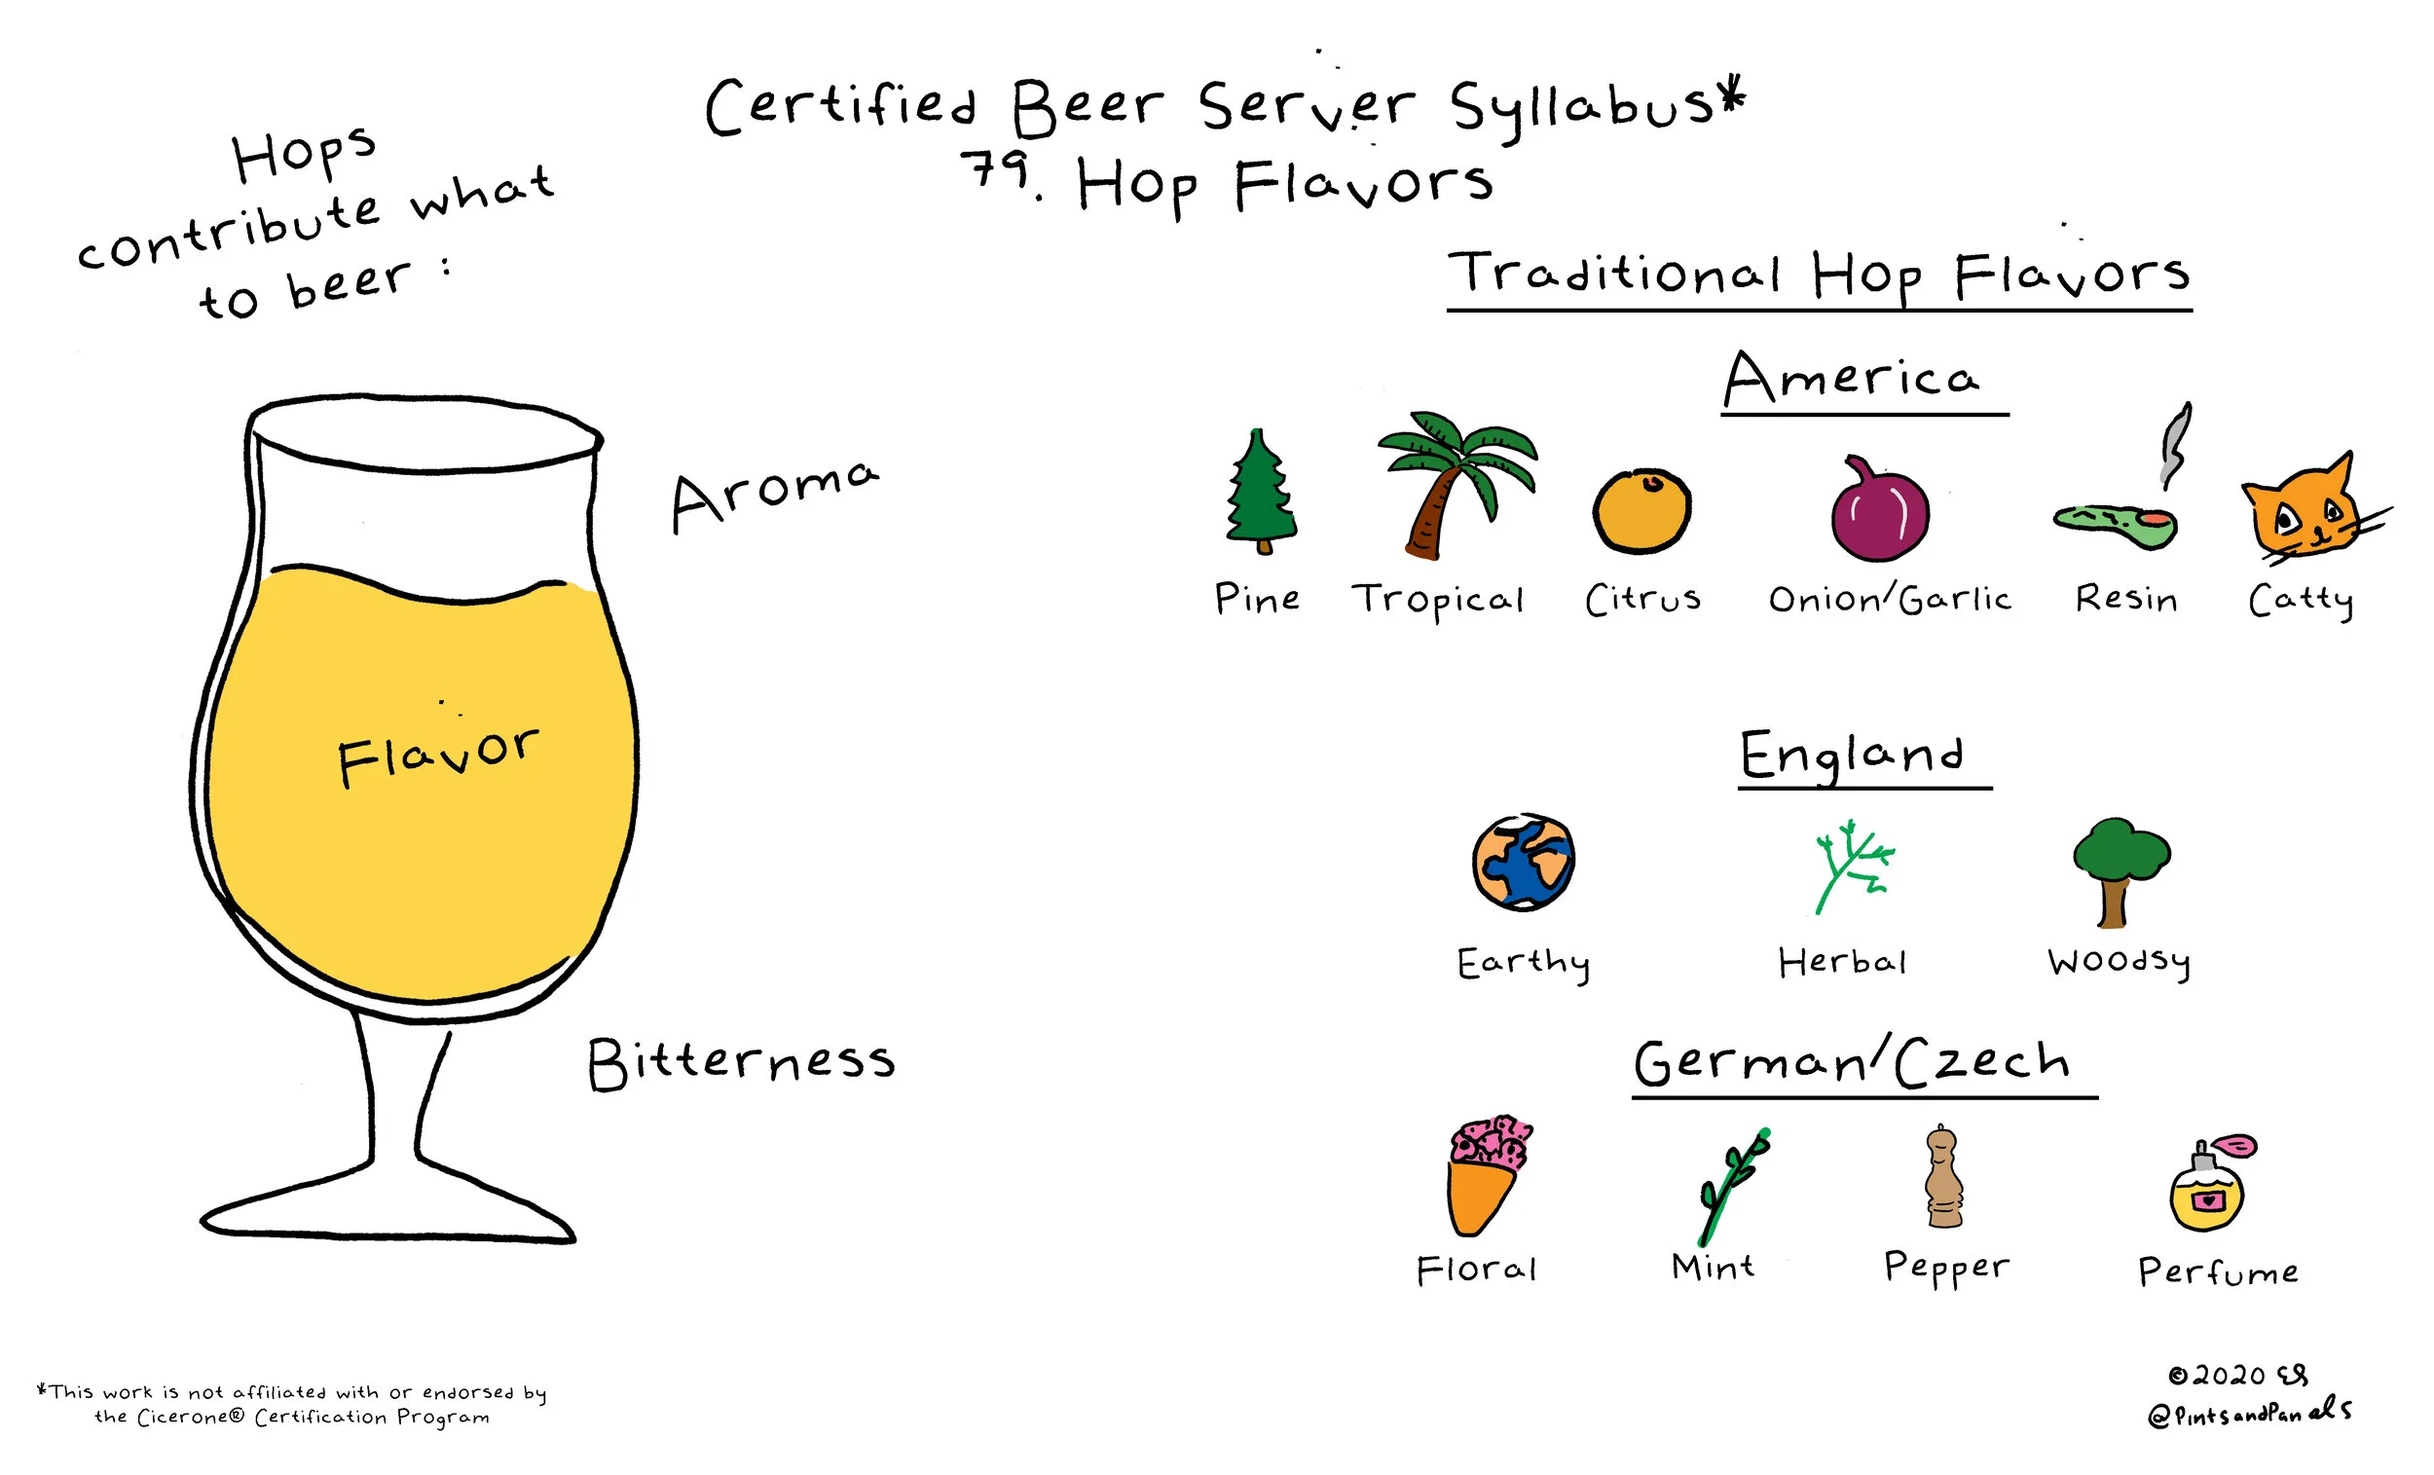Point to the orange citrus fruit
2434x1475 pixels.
(x=1641, y=511)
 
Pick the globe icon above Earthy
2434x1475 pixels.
(x=1523, y=862)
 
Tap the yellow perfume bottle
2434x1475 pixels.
(x=2207, y=1191)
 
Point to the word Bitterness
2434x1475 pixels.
(x=741, y=1063)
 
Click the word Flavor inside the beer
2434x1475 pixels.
(x=438, y=756)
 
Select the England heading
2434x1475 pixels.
(x=1852, y=756)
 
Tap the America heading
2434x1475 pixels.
(x=1852, y=381)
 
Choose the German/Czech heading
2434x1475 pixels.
(x=1852, y=1063)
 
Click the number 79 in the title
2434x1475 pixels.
(x=998, y=170)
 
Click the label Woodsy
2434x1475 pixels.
(x=2119, y=961)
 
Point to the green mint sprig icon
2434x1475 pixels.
(x=1730, y=1186)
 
